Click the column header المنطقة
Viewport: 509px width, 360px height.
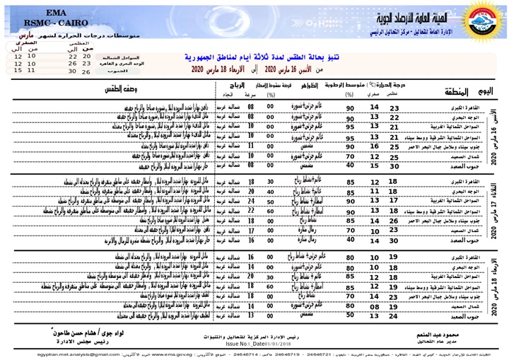pyautogui.click(x=452, y=93)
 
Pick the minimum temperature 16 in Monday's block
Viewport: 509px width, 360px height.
pyautogui.click(x=375, y=145)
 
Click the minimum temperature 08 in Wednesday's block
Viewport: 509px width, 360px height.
pyautogui.click(x=375, y=307)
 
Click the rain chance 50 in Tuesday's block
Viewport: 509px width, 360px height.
pyautogui.click(x=270, y=201)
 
